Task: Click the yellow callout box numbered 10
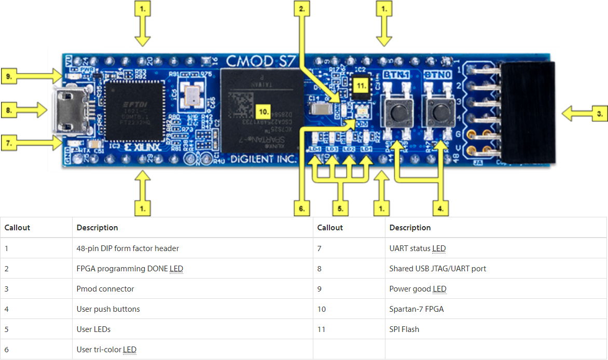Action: (264, 111)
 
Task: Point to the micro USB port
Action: (69, 110)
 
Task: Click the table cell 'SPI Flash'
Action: (404, 329)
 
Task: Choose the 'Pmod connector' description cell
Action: (105, 289)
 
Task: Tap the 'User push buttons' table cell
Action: (108, 309)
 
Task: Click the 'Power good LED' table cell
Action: (418, 289)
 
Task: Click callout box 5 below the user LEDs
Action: (340, 209)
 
